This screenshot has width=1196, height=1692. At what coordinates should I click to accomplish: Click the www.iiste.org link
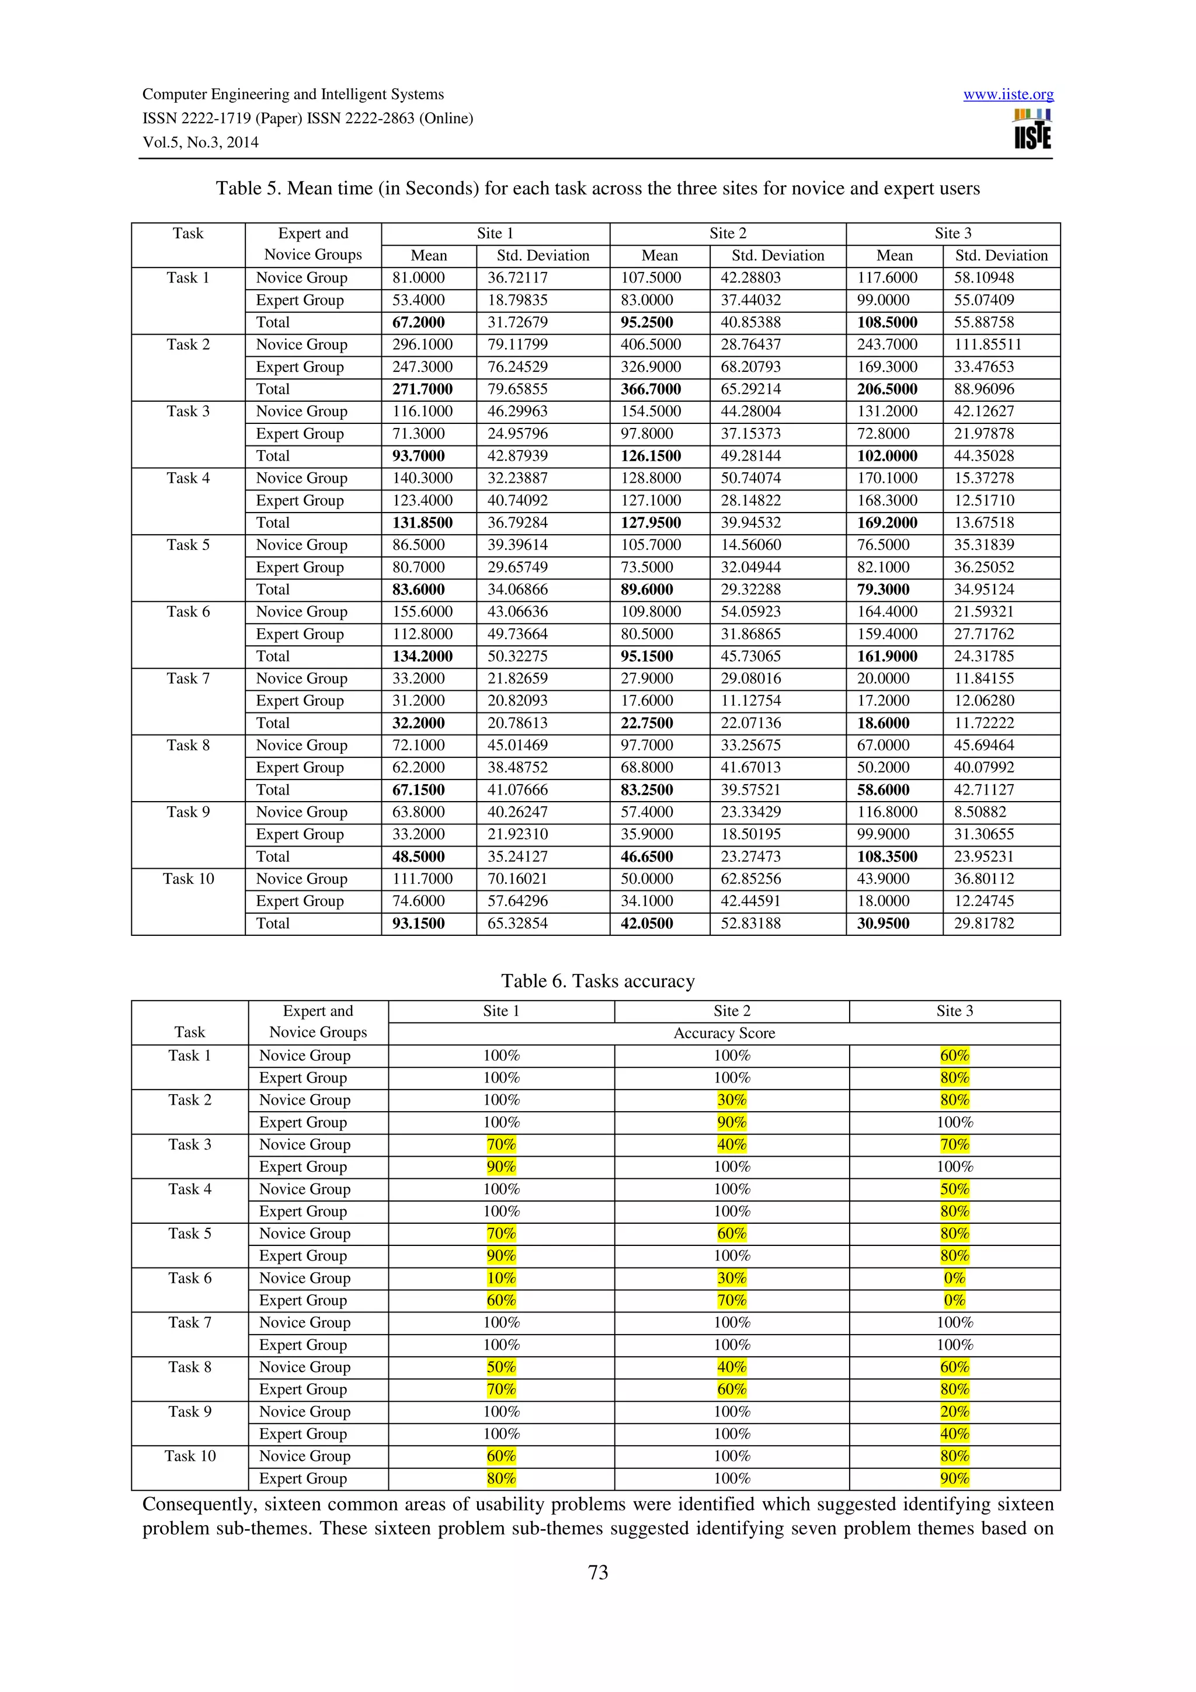coord(1008,95)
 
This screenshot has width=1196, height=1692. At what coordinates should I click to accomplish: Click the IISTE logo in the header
coord(1032,130)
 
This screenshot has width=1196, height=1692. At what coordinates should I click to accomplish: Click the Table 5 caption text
coord(597,189)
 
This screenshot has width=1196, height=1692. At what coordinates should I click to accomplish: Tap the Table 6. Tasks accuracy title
coord(597,981)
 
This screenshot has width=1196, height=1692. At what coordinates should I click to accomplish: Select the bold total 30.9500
coord(883,924)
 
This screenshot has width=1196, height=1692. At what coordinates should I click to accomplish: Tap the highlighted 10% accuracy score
coord(501,1278)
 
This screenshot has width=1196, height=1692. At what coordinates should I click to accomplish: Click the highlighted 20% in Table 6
coord(954,1411)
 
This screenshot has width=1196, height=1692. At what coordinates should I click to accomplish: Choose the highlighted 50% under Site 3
coord(954,1189)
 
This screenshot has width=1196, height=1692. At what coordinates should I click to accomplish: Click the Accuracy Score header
coord(724,1033)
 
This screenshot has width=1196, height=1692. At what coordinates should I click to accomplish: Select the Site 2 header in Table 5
coord(727,234)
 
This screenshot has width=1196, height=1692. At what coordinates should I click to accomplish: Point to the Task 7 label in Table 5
coord(188,678)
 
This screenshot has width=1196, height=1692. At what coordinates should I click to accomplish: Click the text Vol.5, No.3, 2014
coord(200,143)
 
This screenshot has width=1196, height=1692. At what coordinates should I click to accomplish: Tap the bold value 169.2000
coord(886,523)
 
